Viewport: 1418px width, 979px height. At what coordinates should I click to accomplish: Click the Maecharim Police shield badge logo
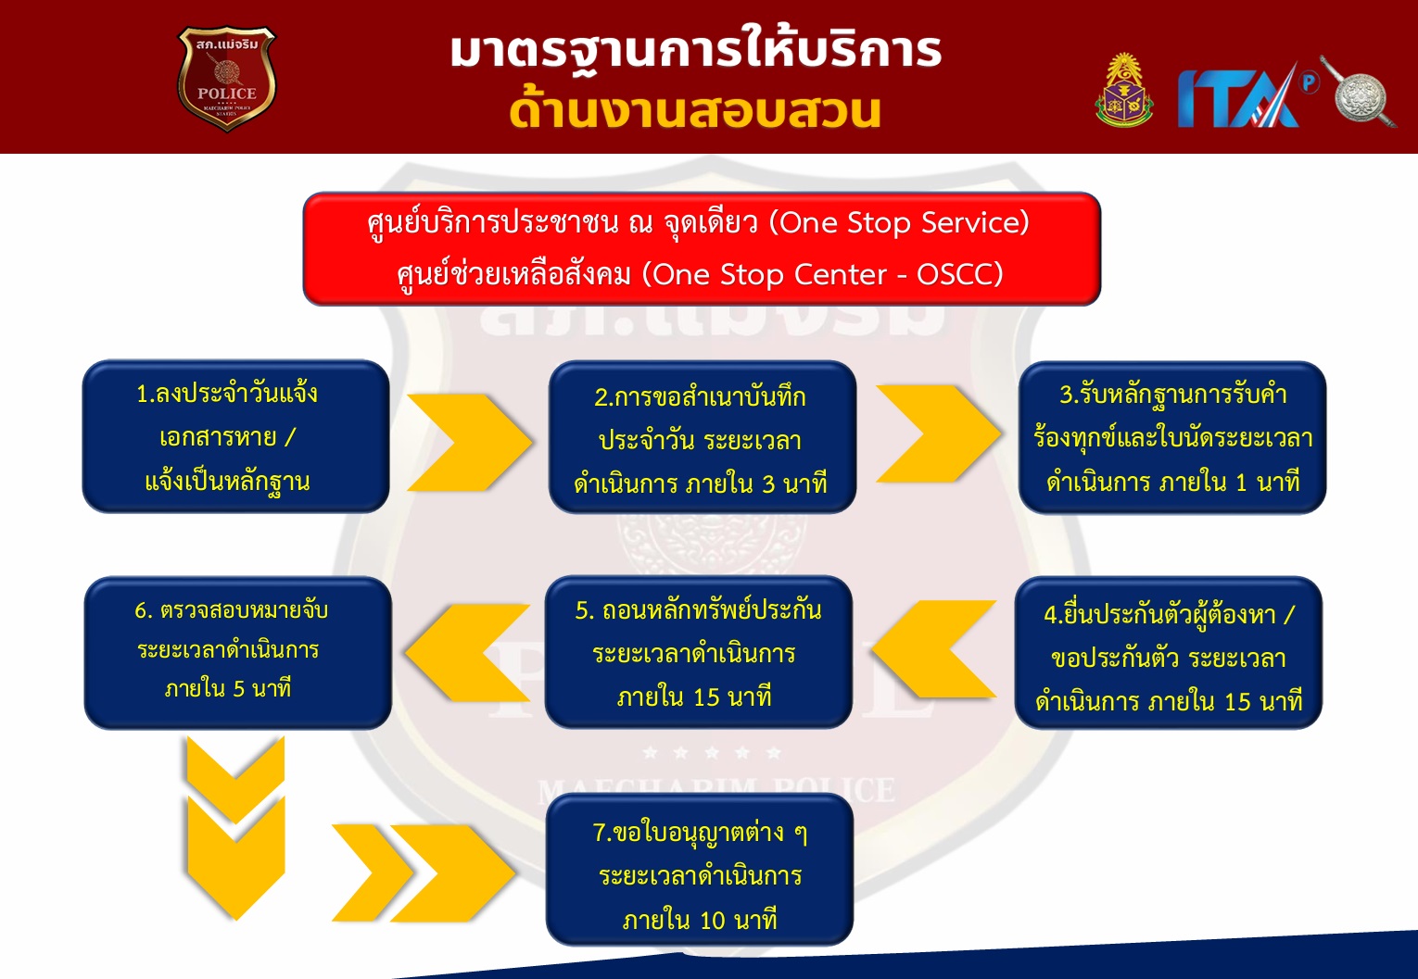click(x=227, y=79)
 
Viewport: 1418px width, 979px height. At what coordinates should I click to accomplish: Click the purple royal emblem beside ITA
click(x=1124, y=90)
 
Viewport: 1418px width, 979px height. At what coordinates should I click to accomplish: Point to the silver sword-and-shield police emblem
click(x=1359, y=93)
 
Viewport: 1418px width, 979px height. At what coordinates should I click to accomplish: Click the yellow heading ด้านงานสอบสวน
click(x=695, y=110)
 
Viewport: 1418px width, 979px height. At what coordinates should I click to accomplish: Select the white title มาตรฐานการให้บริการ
click(x=696, y=51)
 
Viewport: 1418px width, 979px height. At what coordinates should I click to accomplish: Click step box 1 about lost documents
click(x=235, y=436)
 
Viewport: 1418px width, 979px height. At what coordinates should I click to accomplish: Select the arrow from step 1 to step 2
click(x=469, y=442)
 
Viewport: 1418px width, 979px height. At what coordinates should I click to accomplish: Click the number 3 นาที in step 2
click(x=794, y=484)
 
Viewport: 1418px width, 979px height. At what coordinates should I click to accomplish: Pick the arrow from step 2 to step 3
click(x=938, y=433)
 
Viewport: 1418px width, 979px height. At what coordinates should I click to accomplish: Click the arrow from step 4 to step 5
click(x=933, y=649)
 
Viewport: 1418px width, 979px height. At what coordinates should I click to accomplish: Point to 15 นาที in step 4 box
click(x=1263, y=702)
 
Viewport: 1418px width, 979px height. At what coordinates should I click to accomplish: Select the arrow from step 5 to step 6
click(x=467, y=653)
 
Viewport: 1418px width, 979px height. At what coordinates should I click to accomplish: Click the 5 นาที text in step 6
click(x=262, y=688)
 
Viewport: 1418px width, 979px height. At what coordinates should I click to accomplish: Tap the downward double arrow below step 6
click(x=235, y=827)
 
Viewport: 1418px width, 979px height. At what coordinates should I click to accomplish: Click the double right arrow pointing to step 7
click(x=424, y=872)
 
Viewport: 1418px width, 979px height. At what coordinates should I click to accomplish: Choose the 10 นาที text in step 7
click(x=738, y=920)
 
